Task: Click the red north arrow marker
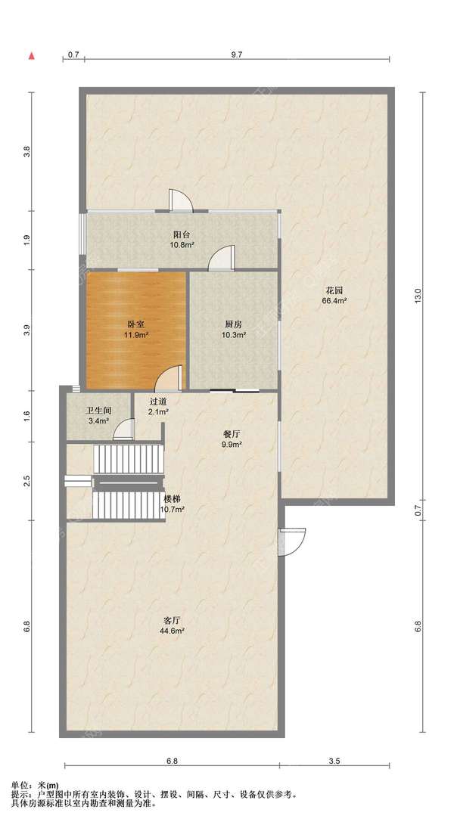(x=32, y=54)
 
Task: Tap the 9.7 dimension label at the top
(x=237, y=54)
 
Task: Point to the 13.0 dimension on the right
(x=418, y=295)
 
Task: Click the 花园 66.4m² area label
(x=334, y=296)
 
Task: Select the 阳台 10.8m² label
(x=182, y=240)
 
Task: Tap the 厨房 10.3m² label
(x=233, y=330)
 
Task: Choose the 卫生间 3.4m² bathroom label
(x=98, y=416)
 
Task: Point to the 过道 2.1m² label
(x=158, y=406)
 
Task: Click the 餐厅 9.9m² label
(x=232, y=439)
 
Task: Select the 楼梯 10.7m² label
(x=173, y=504)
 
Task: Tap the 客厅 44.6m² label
(x=173, y=625)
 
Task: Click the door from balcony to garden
(x=181, y=200)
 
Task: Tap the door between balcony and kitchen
(x=221, y=257)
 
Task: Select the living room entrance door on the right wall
(x=293, y=541)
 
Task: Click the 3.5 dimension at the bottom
(x=334, y=761)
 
